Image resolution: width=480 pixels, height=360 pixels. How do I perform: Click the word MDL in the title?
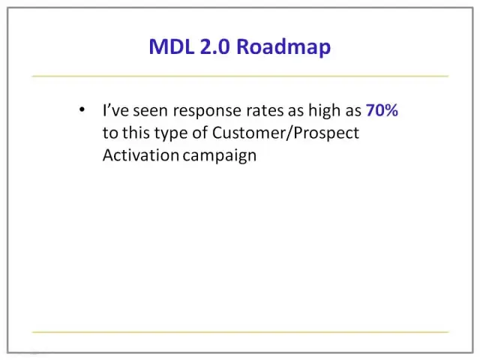click(172, 46)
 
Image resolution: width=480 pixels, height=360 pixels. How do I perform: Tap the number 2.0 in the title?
click(215, 46)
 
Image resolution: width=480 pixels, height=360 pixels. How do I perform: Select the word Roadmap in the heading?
click(283, 48)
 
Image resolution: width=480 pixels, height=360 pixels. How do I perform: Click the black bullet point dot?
click(82, 109)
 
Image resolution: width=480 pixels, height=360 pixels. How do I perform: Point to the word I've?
click(115, 110)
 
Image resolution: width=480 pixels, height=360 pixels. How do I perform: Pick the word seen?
click(150, 111)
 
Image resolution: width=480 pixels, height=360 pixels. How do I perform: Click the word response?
click(207, 112)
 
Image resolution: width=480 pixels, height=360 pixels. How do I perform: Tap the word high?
click(325, 111)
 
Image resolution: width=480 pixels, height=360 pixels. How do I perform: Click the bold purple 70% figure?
click(382, 110)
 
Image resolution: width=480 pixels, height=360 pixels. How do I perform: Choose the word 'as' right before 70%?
click(353, 112)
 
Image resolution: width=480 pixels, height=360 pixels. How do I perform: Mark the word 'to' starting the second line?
click(110, 133)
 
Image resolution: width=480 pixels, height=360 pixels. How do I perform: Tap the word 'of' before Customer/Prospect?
click(200, 133)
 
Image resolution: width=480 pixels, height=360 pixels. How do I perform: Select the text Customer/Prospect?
click(286, 133)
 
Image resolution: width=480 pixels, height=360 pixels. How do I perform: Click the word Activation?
click(141, 155)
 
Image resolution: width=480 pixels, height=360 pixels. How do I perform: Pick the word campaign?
click(220, 157)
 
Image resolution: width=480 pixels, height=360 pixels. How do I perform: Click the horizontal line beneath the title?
click(240, 76)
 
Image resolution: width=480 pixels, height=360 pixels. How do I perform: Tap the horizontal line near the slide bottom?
click(240, 331)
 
